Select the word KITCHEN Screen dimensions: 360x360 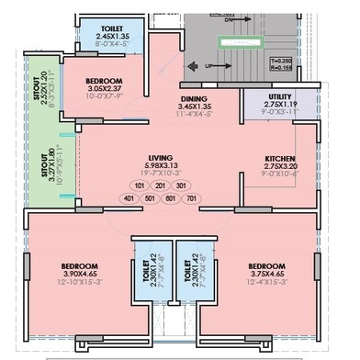point(278,157)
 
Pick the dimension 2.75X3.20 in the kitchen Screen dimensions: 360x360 point(278,166)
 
